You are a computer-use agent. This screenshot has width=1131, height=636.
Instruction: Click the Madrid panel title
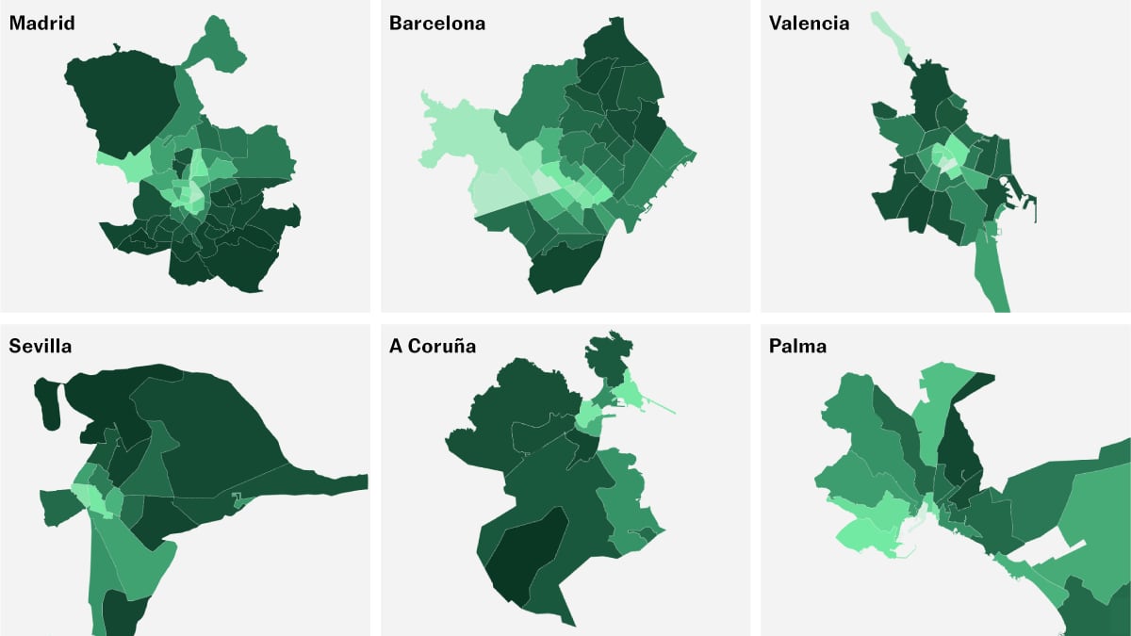tap(42, 24)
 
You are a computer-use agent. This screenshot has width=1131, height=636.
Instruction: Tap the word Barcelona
tap(437, 24)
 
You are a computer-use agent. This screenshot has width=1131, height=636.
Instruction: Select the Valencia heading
tap(809, 24)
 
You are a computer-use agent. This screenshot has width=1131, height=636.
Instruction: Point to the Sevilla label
tap(41, 346)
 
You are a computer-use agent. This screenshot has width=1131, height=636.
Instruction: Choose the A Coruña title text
tap(433, 346)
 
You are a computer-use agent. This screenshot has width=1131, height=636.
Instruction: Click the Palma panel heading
tap(797, 346)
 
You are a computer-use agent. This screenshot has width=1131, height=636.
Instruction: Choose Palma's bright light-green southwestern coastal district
tap(872, 528)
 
